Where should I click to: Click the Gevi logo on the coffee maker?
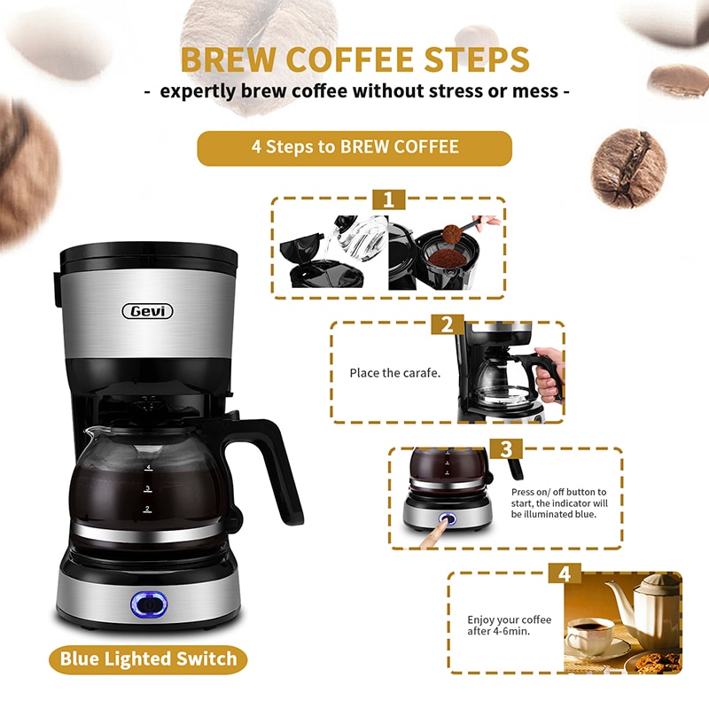coord(147,311)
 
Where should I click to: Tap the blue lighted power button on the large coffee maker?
coord(149,604)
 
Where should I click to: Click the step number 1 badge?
coord(389,200)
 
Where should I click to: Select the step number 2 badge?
coord(448,324)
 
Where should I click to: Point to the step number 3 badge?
coord(506,449)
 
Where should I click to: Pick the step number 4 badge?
coord(565,573)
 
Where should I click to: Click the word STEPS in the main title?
coord(477,59)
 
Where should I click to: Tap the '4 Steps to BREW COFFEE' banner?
coord(354,148)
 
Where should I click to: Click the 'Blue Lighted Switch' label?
coord(148,659)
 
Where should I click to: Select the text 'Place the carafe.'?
coord(394,373)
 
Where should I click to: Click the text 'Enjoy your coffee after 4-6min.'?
coord(509,626)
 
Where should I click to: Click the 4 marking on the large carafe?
coord(148,468)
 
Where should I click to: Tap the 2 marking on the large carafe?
coord(147,509)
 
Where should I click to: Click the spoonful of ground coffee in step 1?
coord(452,234)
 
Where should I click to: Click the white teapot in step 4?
coord(647,611)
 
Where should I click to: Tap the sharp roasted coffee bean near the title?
coord(629,168)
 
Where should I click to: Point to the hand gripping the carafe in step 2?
coord(549,374)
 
